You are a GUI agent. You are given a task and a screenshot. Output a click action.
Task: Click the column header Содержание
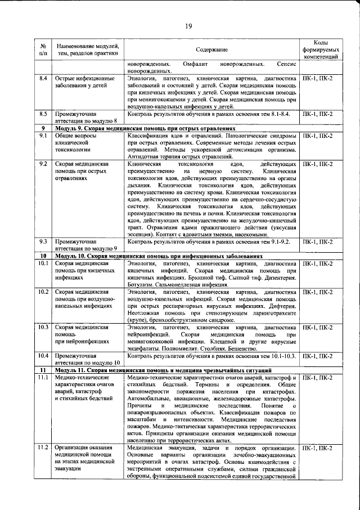(x=212, y=50)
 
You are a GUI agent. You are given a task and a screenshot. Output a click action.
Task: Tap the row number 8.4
(x=42, y=78)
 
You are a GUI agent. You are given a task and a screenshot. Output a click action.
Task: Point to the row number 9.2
(x=42, y=164)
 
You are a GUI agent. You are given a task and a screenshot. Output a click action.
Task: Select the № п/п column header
(x=43, y=50)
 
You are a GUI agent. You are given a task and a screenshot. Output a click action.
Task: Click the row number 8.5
(x=42, y=114)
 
